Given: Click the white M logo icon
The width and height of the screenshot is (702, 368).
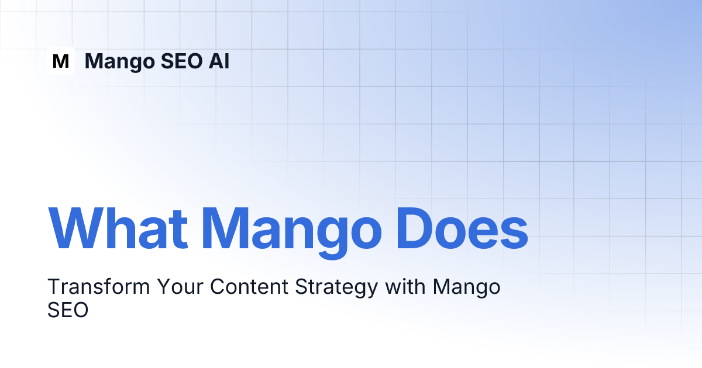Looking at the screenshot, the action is pos(61,61).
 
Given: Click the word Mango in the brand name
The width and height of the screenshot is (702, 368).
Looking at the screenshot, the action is pos(120,62).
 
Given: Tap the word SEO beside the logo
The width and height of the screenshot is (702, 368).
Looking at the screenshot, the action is pos(182,61).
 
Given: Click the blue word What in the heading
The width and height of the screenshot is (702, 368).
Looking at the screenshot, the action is pos(118,228).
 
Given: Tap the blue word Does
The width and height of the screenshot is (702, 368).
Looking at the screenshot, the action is pos(462,228).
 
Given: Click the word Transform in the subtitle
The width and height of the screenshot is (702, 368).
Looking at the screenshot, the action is pos(99,286).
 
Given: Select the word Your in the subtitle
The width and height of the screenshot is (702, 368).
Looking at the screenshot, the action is pos(180,286).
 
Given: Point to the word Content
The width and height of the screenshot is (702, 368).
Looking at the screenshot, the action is pos(249,286).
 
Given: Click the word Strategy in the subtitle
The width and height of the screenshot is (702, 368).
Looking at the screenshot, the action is pos(336,288).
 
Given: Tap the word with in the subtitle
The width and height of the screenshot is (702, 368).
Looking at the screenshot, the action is pos(405,286).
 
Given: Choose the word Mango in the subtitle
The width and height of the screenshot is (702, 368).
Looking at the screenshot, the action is pos(467,288).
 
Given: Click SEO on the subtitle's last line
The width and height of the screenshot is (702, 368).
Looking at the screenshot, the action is pos(68,310).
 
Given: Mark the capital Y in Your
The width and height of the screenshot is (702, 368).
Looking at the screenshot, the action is pos(164,286).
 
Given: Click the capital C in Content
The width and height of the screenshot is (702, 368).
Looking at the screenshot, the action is pos(218,286).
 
